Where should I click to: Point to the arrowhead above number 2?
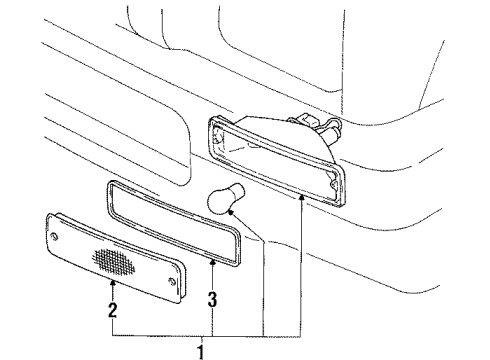pyautogui.click(x=112, y=284)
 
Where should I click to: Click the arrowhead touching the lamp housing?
pyautogui.click(x=301, y=198)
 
